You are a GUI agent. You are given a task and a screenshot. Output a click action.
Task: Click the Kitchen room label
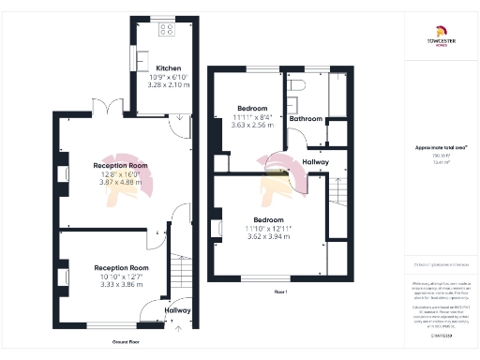169,68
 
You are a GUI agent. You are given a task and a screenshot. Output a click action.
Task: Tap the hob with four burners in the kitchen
167,29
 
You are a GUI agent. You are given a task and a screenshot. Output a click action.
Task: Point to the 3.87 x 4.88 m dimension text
122,181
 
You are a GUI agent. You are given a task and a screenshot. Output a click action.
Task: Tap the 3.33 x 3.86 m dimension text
122,283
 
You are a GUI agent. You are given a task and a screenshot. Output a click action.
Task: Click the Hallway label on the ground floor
178,310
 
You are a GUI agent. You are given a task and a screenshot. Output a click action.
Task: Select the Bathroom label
306,119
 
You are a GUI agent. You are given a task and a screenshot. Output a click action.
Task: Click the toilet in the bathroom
296,86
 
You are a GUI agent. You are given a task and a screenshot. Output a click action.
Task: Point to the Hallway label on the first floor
316,162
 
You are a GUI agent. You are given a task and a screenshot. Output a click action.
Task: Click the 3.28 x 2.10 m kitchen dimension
169,85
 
